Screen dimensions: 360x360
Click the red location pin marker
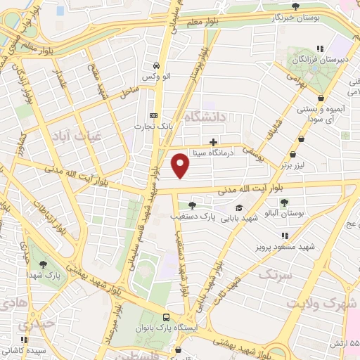pyautogui.click(x=181, y=166)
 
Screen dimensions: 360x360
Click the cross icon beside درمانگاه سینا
pyautogui.click(x=213, y=142)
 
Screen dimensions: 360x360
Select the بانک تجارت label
pyautogui.click(x=155, y=127)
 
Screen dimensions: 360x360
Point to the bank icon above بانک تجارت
pyautogui.click(x=153, y=116)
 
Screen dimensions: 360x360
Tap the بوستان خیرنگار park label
pyautogui.click(x=292, y=17)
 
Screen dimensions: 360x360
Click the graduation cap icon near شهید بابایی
pyautogui.click(x=238, y=208)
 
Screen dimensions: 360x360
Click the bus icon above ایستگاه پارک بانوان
pyautogui.click(x=165, y=318)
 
